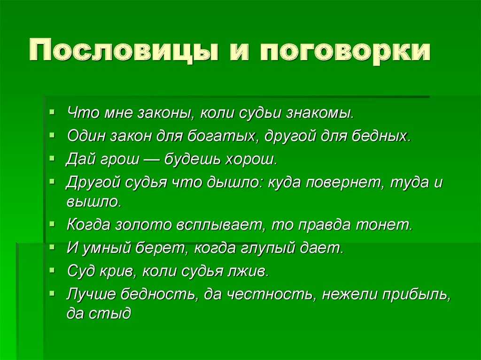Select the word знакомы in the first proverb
(x=320, y=113)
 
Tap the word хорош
(x=251, y=159)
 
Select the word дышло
(x=234, y=182)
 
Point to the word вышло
(x=94, y=201)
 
